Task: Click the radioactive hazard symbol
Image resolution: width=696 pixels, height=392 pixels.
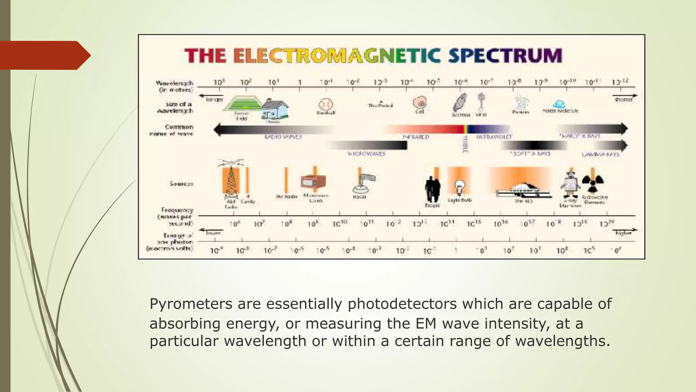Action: tap(593, 184)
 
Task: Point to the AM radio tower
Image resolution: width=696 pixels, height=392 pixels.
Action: tap(231, 180)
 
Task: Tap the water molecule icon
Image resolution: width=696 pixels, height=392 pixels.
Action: tap(559, 104)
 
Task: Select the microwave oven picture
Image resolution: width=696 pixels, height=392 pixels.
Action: tap(313, 181)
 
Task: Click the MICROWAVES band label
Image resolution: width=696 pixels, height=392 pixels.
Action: tap(366, 154)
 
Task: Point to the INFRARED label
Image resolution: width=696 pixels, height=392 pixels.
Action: tap(416, 137)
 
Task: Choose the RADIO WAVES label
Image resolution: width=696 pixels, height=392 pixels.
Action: tap(283, 137)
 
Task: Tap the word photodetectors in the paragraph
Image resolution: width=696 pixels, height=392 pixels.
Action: tap(402, 304)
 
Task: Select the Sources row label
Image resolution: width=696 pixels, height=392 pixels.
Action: tap(181, 184)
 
